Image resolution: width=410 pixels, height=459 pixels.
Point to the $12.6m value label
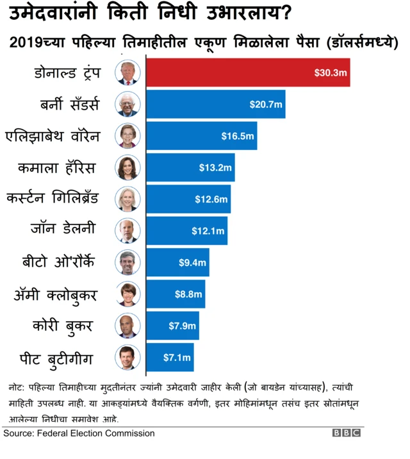tap(211, 199)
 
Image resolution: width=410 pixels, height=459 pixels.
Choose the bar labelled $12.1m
tap(186, 231)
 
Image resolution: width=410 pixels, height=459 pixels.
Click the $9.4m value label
tap(192, 262)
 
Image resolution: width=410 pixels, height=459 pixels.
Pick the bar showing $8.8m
tap(176, 294)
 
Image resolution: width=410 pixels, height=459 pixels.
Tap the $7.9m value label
tap(182, 326)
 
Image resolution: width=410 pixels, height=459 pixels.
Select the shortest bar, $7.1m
tap(170, 357)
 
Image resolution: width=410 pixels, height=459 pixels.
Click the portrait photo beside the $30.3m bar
tap(127, 72)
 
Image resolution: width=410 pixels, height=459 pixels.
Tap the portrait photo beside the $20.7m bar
tap(127, 104)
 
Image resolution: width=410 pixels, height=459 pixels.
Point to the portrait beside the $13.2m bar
tap(127, 168)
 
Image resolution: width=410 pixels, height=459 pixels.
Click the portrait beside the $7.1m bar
tap(127, 357)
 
